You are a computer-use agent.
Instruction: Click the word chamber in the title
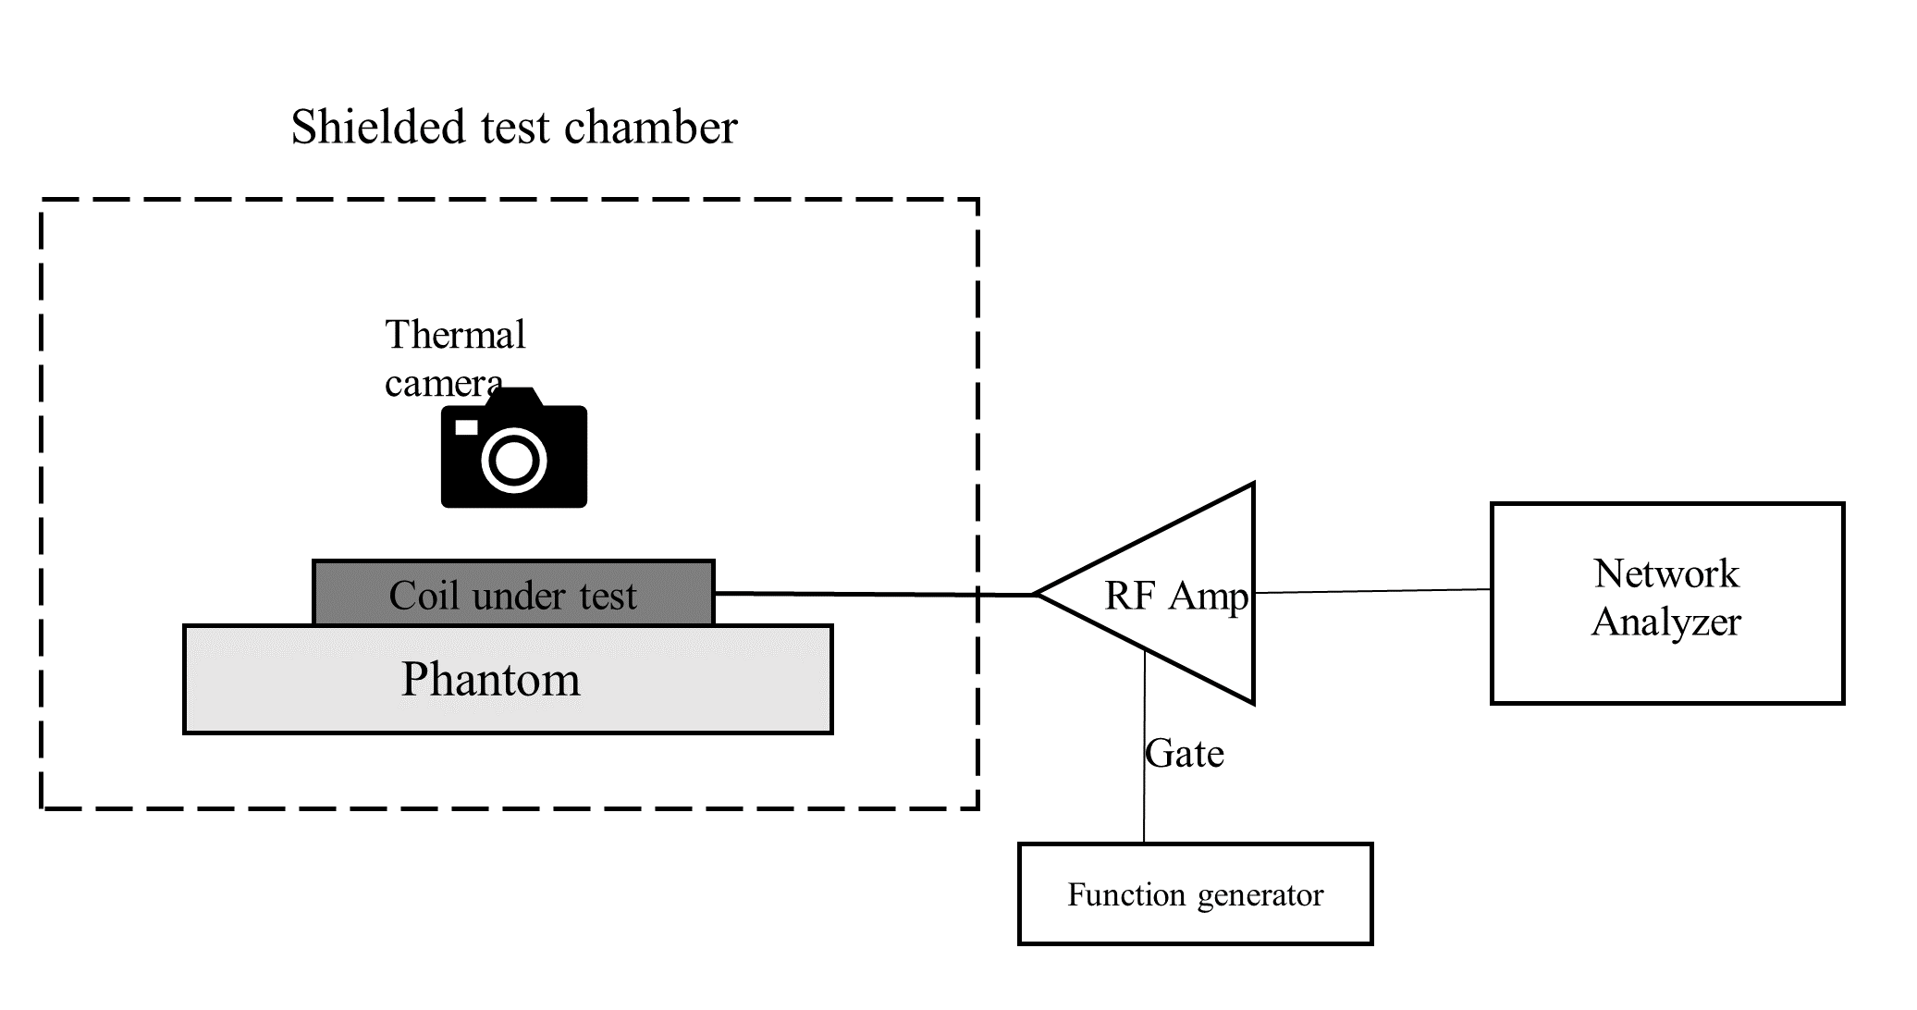click(650, 127)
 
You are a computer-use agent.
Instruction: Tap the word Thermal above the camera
click(455, 335)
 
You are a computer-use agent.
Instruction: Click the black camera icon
click(514, 449)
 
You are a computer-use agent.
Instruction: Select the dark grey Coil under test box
click(513, 593)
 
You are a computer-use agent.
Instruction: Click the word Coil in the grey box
click(424, 596)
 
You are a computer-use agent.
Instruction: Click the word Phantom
click(490, 680)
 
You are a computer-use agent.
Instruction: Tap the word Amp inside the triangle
click(1209, 597)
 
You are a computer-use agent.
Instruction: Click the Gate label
click(1185, 755)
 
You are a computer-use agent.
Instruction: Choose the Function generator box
click(1195, 893)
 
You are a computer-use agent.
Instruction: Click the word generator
click(1260, 895)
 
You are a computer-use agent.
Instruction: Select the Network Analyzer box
click(1666, 603)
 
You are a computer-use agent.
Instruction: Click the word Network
click(1666, 574)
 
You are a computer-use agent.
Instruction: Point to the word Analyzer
click(1666, 622)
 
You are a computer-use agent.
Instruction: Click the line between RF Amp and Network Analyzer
click(1372, 591)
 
